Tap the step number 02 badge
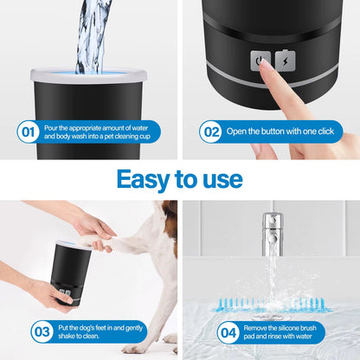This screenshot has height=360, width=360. (210, 132)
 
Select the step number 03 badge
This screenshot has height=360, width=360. (42, 331)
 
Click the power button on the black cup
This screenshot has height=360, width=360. (256, 61)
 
